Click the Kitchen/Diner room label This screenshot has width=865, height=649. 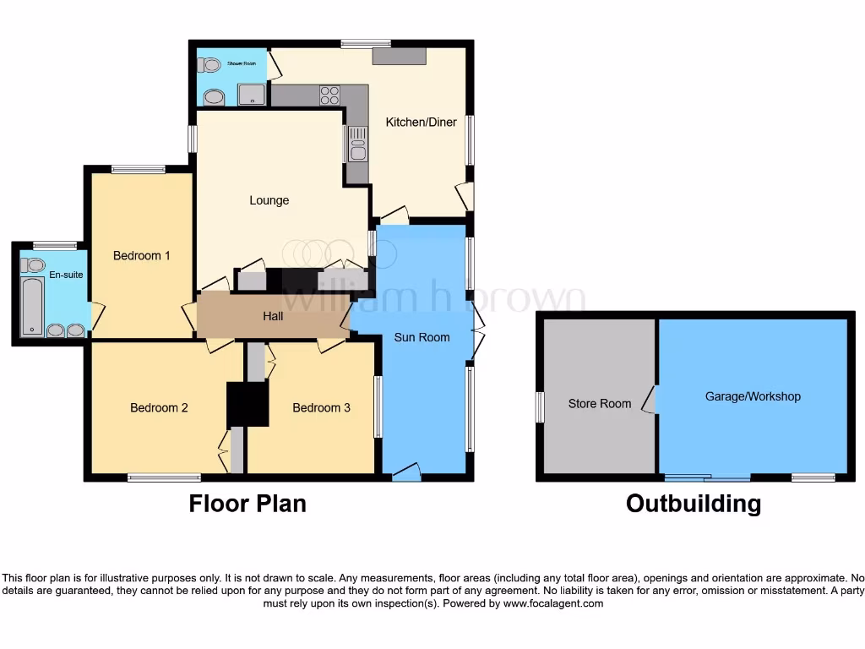[x=421, y=122]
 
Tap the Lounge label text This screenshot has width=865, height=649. [x=269, y=200]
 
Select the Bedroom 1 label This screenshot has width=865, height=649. [x=142, y=255]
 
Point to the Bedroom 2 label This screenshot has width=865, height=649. [x=159, y=407]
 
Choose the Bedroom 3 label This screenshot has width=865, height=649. [x=321, y=407]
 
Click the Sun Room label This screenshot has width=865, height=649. [x=422, y=337]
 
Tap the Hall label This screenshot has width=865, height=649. [x=272, y=317]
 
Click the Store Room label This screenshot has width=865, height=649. [x=599, y=403]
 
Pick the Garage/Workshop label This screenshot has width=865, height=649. [x=753, y=396]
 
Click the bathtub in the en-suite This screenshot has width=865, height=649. [x=32, y=307]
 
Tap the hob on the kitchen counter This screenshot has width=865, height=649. [x=329, y=95]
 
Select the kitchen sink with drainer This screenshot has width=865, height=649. [x=356, y=144]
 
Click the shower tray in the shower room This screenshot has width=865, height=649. [x=252, y=95]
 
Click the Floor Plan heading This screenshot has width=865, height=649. [x=247, y=504]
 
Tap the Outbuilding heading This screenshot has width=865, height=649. [x=693, y=504]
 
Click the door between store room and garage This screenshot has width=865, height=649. [x=650, y=399]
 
